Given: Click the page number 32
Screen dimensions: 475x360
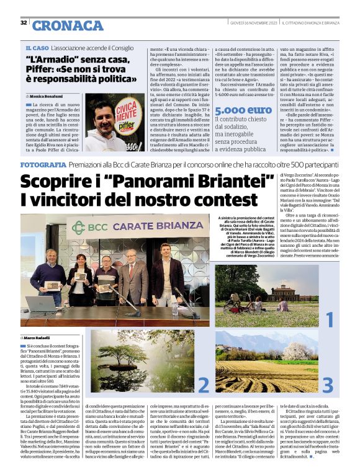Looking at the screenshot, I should click(24, 22).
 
